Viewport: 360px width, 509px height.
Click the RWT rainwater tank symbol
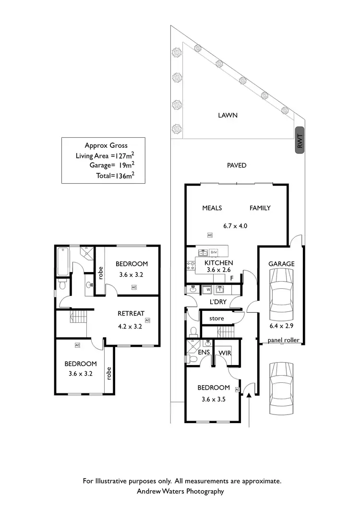tap(300, 142)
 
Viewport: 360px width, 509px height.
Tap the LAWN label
tap(228, 115)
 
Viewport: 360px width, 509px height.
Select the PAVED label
tap(237, 166)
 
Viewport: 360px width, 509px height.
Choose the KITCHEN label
tap(219, 263)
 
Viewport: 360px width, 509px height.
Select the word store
tap(217, 318)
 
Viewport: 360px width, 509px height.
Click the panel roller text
tap(284, 340)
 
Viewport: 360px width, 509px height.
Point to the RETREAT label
tap(131, 313)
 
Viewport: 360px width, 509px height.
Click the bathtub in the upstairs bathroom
tap(63, 262)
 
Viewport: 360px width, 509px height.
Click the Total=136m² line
tap(115, 176)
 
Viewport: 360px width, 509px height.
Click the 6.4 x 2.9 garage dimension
tap(282, 330)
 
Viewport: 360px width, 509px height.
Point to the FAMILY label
tap(260, 208)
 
